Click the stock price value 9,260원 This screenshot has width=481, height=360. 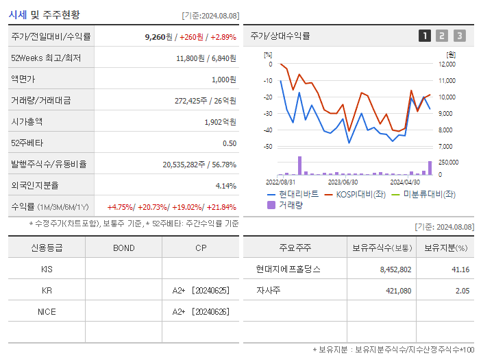[x=158, y=36]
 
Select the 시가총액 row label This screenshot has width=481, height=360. [x=27, y=121]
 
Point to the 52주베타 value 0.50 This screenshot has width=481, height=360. [x=229, y=143]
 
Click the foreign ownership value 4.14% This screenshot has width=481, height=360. [x=225, y=185]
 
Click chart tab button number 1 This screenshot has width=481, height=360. [x=425, y=36]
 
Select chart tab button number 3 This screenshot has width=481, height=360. [x=459, y=36]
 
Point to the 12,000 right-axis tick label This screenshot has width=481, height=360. [x=446, y=64]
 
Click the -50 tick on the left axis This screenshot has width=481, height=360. [x=268, y=147]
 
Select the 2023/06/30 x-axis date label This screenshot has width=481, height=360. [x=343, y=182]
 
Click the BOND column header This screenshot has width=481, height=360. [x=123, y=248]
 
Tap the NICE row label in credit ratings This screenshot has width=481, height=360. [x=47, y=311]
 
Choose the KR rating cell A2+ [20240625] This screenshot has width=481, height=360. [x=200, y=290]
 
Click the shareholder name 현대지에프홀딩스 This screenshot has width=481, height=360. [x=288, y=269]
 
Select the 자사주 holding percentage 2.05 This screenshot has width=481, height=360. [x=462, y=290]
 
